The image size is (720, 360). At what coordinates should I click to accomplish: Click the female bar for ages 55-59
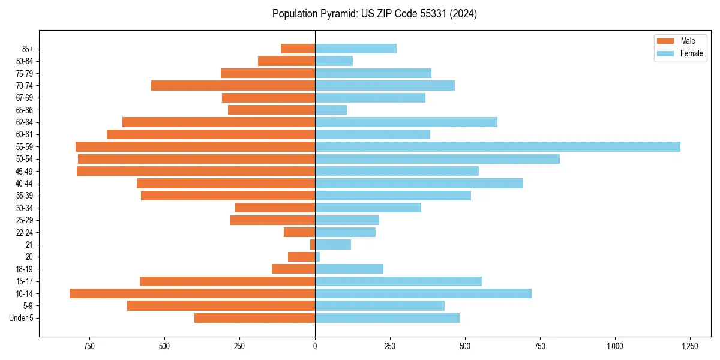[497, 146]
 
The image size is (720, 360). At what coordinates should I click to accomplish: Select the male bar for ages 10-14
[192, 293]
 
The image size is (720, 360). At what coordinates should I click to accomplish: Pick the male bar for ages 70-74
[233, 85]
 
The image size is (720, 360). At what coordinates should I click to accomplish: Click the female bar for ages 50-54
[437, 159]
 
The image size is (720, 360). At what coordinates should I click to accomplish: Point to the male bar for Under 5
[254, 318]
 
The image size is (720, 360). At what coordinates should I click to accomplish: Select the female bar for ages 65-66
[331, 110]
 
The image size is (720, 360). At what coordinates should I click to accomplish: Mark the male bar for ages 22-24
[299, 232]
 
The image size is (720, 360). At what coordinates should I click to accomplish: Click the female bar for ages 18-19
[349, 269]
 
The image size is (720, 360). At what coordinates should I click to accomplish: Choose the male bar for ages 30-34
[275, 208]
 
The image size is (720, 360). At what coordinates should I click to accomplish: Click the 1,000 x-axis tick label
[614, 346]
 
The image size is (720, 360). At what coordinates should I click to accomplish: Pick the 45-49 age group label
[24, 171]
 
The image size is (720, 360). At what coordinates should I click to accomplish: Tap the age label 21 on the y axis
[29, 245]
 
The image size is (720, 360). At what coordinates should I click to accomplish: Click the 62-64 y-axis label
[24, 122]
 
